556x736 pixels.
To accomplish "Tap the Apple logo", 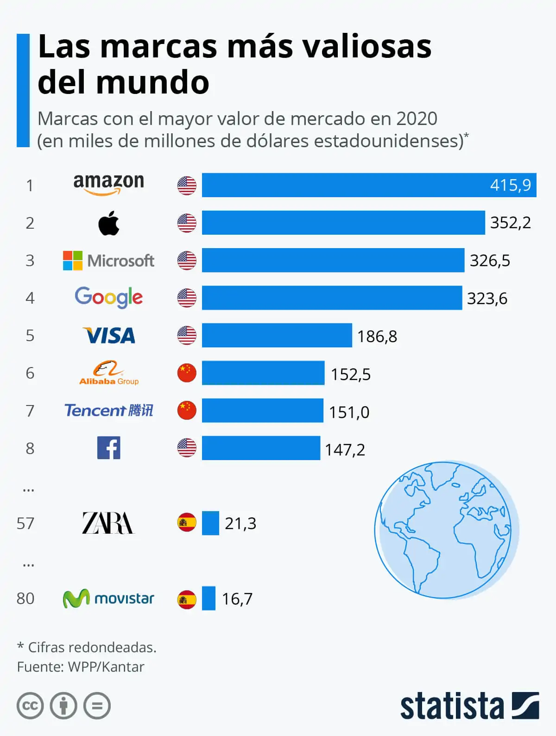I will [109, 223].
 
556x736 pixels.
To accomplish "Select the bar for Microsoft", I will [333, 260].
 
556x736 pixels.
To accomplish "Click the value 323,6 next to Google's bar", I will [487, 299].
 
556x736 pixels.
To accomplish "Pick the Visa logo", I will [109, 336].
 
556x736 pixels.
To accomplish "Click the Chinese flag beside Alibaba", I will [187, 373].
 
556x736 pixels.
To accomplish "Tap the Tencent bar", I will [262, 411].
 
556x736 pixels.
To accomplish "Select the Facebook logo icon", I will [109, 448].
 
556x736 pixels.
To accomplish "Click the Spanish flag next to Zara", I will [187, 523].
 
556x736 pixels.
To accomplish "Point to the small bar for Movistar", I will [208, 598].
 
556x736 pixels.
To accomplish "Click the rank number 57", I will [25, 524].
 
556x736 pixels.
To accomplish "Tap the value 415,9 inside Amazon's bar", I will [510, 185].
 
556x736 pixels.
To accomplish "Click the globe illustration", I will [446, 530].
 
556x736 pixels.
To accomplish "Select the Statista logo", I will [469, 706].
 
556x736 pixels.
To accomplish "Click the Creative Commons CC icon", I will [30, 706].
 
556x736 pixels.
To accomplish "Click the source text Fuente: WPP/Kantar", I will [81, 667].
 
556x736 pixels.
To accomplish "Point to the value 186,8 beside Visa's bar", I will [377, 337].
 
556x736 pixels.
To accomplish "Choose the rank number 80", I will [25, 599].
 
